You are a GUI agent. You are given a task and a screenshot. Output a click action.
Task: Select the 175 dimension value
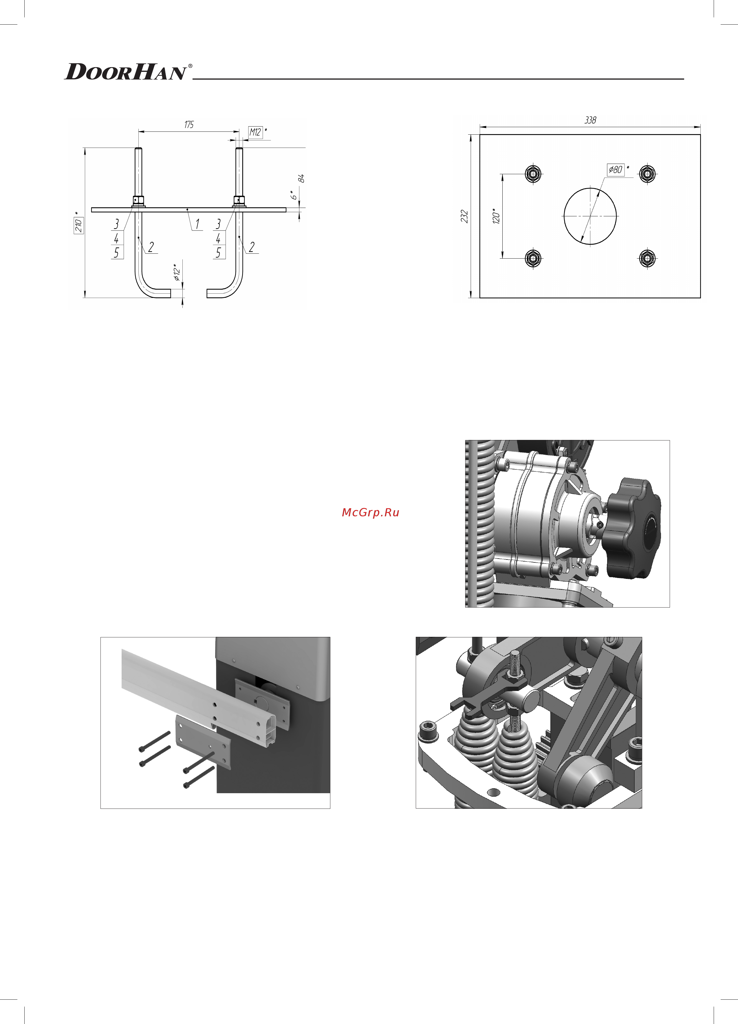(189, 125)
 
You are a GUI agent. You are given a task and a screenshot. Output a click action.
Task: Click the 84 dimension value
(301, 178)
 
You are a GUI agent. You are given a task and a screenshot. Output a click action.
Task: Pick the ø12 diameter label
(177, 272)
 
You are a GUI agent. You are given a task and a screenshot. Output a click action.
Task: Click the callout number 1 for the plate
(197, 224)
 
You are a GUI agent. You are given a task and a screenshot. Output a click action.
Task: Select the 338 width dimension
(590, 120)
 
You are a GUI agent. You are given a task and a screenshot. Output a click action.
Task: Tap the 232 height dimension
(464, 216)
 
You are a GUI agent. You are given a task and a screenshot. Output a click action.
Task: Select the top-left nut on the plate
(533, 173)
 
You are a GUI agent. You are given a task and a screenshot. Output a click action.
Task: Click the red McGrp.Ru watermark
(370, 513)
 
